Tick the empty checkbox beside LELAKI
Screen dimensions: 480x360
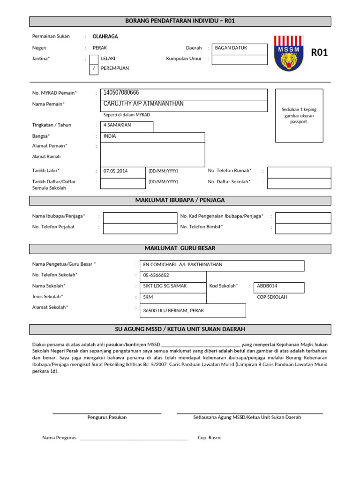(x=94, y=59)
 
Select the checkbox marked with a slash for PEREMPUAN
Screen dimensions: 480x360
(x=94, y=68)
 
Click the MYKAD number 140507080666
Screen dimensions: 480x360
(x=121, y=93)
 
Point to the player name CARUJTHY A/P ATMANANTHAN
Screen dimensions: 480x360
(x=143, y=104)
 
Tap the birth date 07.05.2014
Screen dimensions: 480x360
(x=115, y=171)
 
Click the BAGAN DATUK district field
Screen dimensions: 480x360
(x=240, y=48)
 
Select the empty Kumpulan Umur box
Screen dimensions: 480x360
(x=240, y=60)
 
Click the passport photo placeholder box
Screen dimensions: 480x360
(x=299, y=115)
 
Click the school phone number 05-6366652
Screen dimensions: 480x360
(x=156, y=275)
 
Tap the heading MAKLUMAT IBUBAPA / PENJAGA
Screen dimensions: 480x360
(x=180, y=200)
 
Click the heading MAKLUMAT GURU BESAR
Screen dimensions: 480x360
(x=180, y=248)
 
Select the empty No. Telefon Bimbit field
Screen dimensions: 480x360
(x=303, y=228)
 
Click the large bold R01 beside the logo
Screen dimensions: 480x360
(x=319, y=52)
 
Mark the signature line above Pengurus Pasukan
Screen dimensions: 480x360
(x=107, y=413)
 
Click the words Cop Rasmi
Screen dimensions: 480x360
(x=210, y=438)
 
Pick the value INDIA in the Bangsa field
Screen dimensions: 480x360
(x=110, y=136)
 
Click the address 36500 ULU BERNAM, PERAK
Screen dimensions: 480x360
(x=173, y=311)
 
